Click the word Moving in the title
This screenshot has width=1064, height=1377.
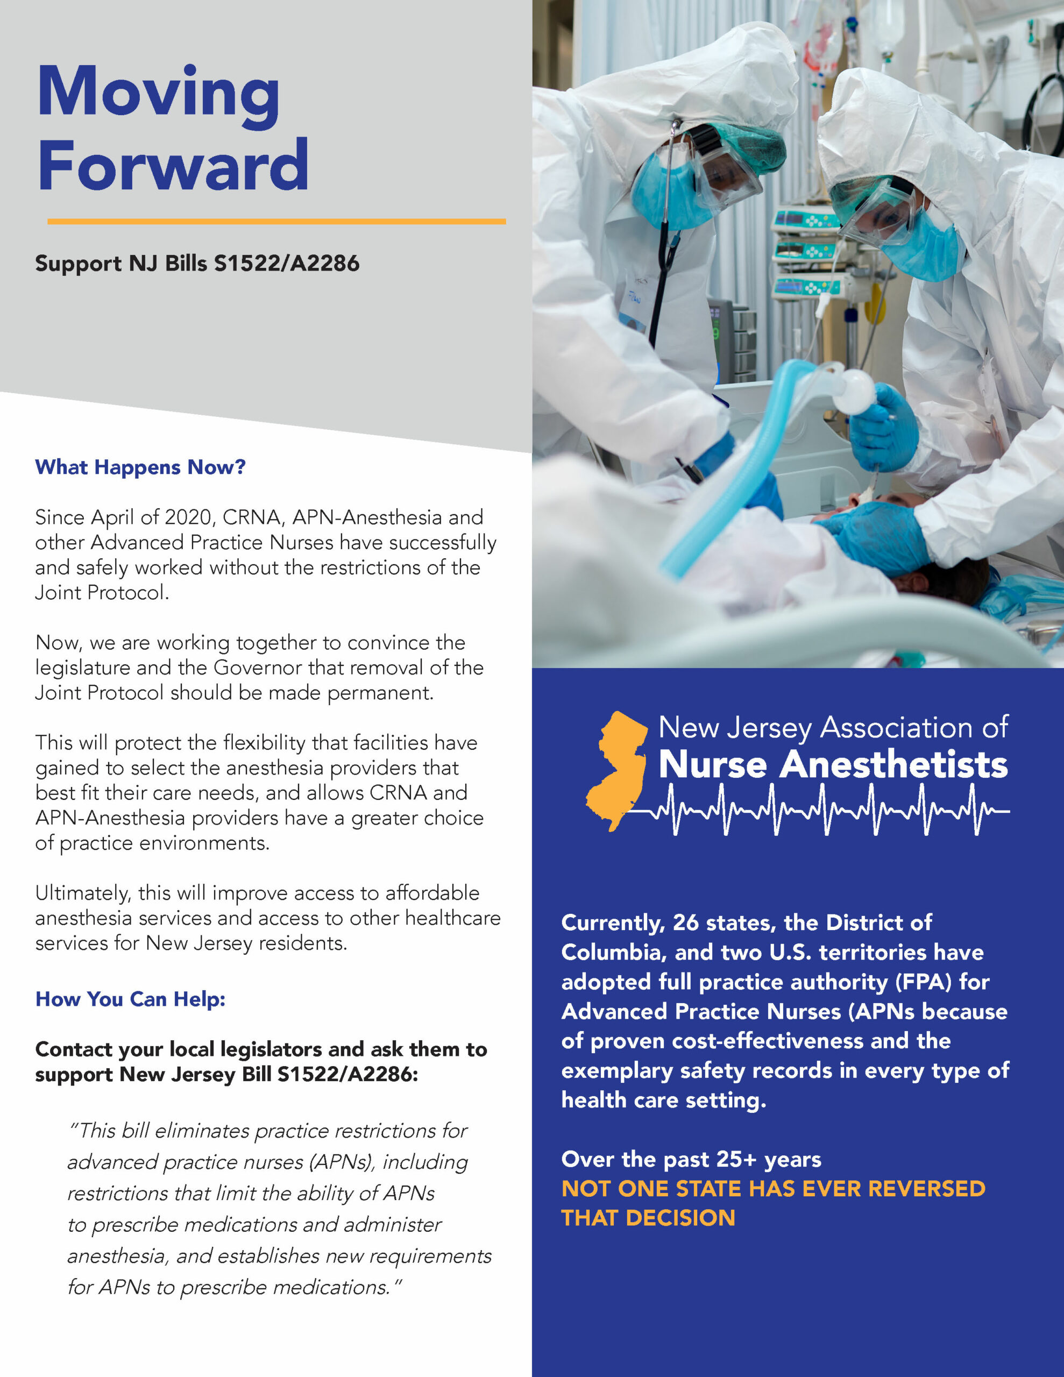point(158,96)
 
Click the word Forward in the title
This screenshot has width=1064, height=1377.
point(173,165)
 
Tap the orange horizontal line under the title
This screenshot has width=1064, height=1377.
point(276,221)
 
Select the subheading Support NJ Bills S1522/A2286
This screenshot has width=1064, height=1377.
point(197,264)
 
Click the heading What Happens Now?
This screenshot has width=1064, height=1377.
point(140,467)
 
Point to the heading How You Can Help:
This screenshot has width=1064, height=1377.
point(130,999)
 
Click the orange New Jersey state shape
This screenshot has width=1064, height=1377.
point(617,770)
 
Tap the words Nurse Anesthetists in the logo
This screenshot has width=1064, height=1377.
point(833,765)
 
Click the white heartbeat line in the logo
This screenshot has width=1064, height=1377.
point(820,810)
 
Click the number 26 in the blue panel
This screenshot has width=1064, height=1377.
point(686,922)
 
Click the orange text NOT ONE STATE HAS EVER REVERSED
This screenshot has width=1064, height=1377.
point(773,1189)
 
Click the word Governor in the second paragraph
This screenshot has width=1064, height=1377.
point(259,667)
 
